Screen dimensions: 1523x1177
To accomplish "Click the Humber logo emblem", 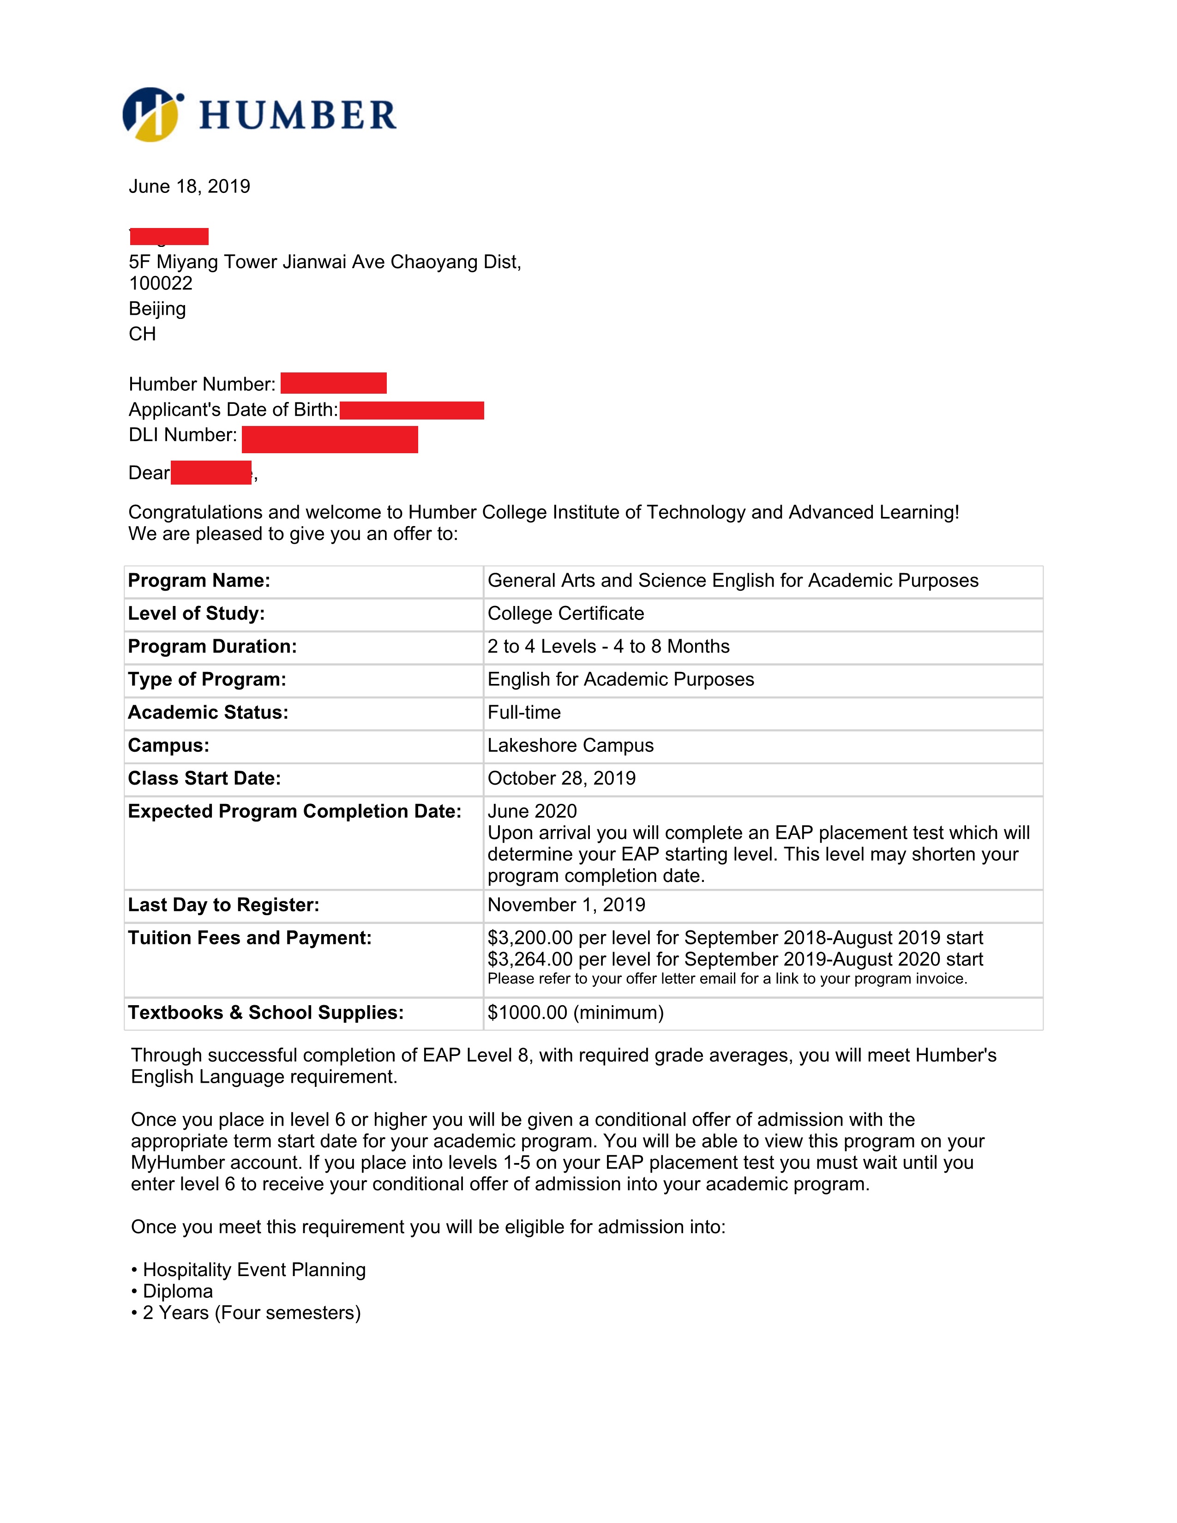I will [x=152, y=114].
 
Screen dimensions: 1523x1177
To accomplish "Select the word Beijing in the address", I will [x=157, y=308].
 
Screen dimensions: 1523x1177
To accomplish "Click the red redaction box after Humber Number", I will [x=333, y=383].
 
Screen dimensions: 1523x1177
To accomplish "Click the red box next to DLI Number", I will [x=330, y=439].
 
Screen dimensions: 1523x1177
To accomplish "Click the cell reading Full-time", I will [x=524, y=712].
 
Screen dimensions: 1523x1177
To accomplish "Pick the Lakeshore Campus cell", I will [x=570, y=745].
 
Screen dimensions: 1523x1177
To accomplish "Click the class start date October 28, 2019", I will [x=561, y=778].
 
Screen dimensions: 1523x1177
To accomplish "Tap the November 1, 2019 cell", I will [x=566, y=905].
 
